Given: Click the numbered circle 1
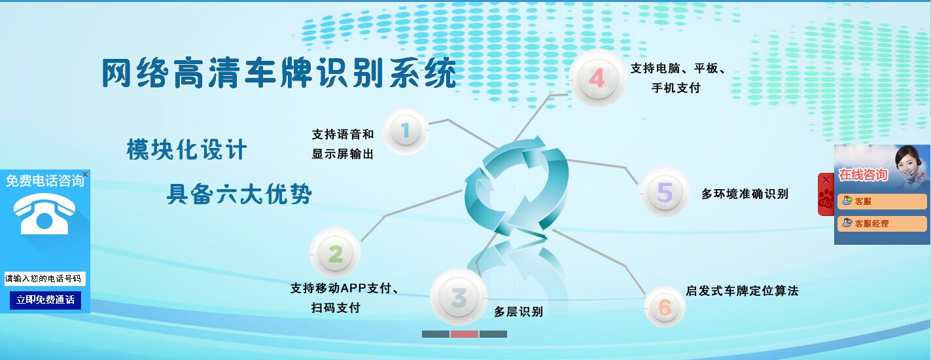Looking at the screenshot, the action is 406,132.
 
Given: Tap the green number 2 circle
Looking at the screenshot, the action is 336,253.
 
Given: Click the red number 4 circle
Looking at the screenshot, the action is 597,78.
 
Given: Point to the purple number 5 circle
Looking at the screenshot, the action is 665,192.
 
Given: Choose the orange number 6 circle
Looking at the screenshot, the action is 665,307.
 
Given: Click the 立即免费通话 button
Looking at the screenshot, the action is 45,300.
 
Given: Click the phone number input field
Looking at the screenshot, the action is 45,279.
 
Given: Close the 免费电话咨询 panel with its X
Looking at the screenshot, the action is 85,174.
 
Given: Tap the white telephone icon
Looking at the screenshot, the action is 44,213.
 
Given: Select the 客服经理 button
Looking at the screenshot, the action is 882,224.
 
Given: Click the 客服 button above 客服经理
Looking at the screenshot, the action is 882,202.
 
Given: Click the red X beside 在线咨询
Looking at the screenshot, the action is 826,180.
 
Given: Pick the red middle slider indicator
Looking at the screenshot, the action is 465,334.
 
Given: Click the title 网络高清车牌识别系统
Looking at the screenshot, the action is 279,73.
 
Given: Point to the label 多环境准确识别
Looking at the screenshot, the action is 745,194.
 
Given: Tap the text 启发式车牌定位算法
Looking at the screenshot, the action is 742,291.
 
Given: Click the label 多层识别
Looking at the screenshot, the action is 518,312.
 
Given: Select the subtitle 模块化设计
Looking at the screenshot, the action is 186,150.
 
